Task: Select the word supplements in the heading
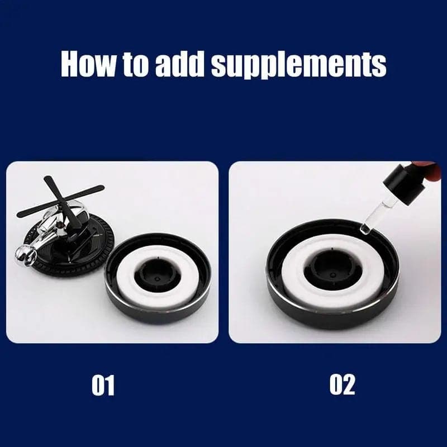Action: point(298,65)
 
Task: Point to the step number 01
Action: point(103,385)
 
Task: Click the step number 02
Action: point(342,385)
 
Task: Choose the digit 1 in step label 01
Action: point(110,385)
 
